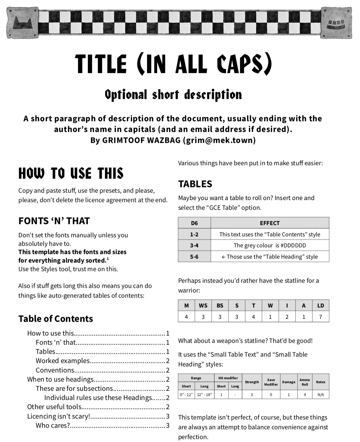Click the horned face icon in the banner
(23, 23)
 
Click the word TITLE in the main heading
(101, 64)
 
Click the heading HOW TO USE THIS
(71, 173)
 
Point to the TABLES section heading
(195, 184)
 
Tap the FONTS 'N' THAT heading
(54, 221)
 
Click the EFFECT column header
(270, 223)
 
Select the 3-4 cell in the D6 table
(194, 245)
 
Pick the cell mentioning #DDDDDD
(270, 245)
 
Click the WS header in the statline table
(203, 306)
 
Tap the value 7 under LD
(320, 317)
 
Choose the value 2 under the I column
(287, 317)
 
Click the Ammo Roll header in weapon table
(304, 382)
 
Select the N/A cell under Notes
(320, 395)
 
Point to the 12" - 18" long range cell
(204, 395)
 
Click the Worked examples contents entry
(63, 361)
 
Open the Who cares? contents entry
(53, 425)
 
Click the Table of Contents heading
(56, 319)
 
